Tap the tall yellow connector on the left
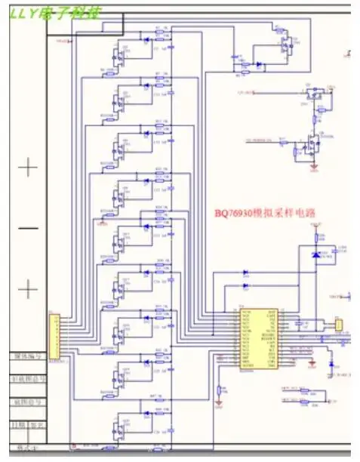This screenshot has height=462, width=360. coord(54,336)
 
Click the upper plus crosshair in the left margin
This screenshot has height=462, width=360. coord(28,168)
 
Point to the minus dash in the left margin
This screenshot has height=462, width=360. coord(28,228)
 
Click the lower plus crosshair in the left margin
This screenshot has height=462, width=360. coord(28,288)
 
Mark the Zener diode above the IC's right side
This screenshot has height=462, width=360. coord(315,254)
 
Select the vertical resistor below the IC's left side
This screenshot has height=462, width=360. coord(220,390)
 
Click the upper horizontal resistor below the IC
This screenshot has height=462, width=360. coord(305,390)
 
